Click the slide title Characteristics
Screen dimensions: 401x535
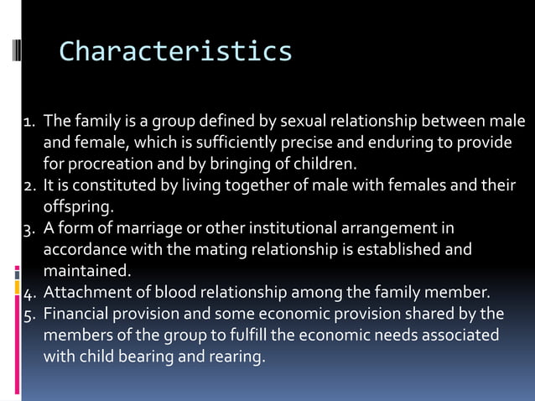175,51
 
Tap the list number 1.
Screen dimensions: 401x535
28,122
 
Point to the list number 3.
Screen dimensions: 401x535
28,229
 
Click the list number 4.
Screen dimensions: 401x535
28,293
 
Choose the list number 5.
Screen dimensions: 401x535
28,315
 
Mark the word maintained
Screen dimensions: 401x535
86,271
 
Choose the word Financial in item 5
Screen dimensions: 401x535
75,315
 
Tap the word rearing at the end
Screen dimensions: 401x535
238,357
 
